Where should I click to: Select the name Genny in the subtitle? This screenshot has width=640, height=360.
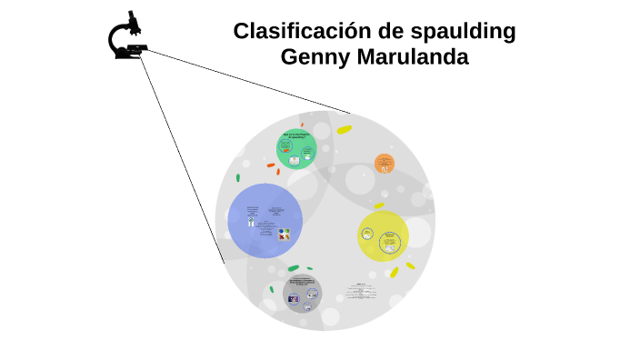314,56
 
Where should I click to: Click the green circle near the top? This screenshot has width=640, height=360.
296,148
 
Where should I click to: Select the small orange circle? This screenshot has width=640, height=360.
385,164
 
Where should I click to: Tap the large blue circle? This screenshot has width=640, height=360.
265,221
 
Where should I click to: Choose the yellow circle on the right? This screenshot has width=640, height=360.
383,236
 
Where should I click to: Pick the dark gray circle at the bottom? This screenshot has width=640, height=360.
302,293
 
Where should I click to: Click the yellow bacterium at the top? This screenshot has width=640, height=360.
345,130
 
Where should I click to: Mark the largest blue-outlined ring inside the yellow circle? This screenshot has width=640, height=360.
390,242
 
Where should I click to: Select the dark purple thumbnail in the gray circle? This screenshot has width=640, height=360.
294,298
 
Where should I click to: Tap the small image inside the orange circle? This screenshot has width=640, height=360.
385,166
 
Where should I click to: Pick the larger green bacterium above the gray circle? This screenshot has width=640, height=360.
293,268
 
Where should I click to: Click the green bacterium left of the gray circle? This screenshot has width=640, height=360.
271,290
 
